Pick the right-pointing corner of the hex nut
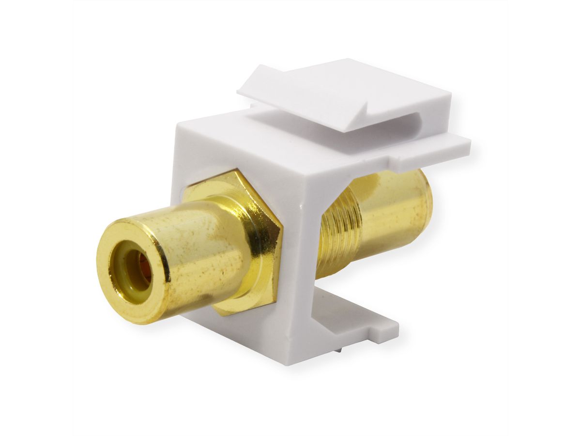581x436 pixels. pos(282,237)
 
